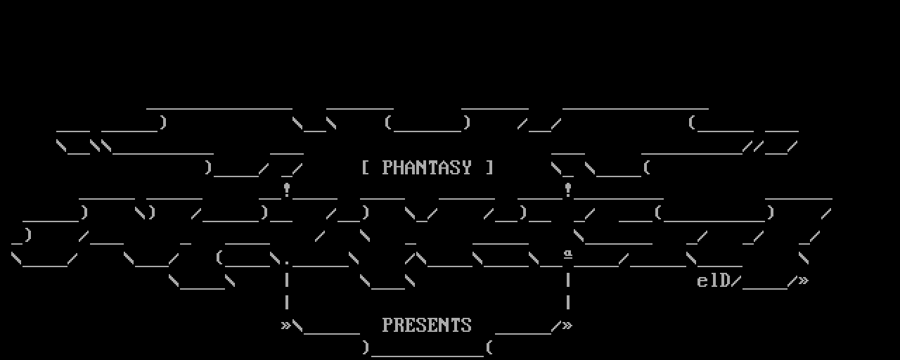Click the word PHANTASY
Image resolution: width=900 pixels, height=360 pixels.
tap(427, 168)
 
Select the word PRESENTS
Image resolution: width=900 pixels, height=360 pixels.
tap(427, 326)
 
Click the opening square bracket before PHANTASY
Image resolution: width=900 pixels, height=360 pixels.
tap(366, 168)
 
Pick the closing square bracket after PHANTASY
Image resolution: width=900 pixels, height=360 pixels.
tap(489, 168)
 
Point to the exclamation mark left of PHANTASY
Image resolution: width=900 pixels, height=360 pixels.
tap(287, 189)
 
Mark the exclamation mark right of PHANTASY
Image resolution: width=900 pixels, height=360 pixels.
tap(568, 189)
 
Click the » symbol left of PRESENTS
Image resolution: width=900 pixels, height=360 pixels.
tap(286, 326)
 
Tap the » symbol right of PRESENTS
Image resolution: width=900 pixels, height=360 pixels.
tap(567, 326)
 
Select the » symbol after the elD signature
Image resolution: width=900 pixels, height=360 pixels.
tap(804, 281)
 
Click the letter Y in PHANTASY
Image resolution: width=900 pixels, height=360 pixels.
tap(466, 168)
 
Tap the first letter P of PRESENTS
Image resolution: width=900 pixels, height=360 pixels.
tap(387, 326)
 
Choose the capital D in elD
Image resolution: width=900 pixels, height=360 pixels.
tap(725, 281)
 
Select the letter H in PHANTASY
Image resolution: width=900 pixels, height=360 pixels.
tap(399, 168)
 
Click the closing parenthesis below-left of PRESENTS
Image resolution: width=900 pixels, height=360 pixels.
tap(366, 347)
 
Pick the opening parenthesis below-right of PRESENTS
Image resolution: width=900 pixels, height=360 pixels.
tap(489, 347)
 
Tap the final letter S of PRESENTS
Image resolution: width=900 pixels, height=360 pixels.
tap(466, 326)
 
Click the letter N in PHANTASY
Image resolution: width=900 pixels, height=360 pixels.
tap(421, 168)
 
